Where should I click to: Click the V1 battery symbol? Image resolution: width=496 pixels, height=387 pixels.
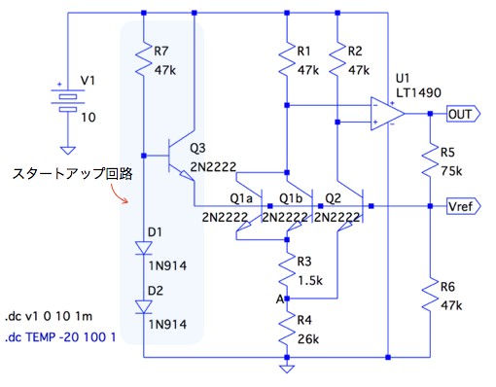coord(68,100)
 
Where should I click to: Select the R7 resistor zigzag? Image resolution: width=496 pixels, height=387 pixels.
coord(144,58)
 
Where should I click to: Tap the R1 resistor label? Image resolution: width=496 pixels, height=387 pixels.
coord(304,51)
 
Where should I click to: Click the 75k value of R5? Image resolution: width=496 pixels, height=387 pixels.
coord(451,171)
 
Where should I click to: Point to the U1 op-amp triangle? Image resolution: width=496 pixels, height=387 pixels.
coord(387,114)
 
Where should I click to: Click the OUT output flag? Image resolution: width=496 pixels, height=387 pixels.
coord(463,114)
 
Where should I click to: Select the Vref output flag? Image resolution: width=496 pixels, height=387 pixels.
coord(463,206)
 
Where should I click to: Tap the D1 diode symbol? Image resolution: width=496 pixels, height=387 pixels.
coord(144,248)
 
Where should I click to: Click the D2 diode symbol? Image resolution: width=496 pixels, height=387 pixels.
coord(144,307)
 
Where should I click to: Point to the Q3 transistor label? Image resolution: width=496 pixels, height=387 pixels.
coord(197,148)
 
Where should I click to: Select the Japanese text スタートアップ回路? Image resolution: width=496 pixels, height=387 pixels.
coord(73,174)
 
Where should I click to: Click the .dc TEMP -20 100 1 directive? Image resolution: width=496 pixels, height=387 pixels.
coord(60,337)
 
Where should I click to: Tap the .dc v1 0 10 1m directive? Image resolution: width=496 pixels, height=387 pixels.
coord(49,316)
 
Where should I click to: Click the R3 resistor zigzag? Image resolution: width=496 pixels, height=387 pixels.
coord(287,269)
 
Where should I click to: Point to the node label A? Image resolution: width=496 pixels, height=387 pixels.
coord(280,299)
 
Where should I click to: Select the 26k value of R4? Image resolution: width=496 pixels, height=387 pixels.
coord(308,339)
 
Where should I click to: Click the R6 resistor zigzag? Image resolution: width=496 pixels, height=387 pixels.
coord(430,295)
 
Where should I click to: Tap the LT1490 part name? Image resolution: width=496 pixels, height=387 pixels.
coord(418,93)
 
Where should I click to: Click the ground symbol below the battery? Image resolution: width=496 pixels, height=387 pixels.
coord(68,151)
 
